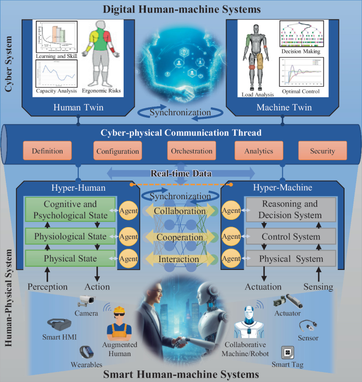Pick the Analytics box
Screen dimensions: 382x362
(x=259, y=151)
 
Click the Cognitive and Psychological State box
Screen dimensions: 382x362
(x=66, y=210)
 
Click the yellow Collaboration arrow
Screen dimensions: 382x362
(x=180, y=211)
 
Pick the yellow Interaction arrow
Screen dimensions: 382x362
(x=180, y=259)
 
